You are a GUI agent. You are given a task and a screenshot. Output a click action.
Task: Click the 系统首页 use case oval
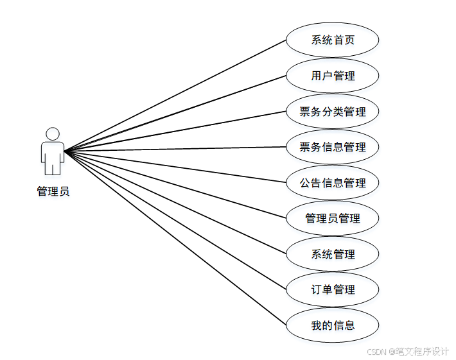[332, 40]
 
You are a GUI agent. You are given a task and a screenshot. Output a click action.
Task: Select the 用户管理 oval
[332, 76]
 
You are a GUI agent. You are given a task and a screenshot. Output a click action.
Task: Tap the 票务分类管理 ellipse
[332, 112]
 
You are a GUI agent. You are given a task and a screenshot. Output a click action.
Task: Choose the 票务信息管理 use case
[332, 147]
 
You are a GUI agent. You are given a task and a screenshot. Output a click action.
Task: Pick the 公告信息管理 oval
[332, 183]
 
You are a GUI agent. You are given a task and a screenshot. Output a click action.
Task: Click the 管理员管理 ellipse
[332, 218]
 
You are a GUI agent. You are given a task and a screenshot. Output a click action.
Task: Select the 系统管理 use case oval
[332, 254]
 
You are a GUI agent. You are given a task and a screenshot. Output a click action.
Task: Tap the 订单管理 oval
[332, 289]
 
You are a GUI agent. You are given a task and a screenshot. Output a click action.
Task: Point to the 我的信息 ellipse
[332, 325]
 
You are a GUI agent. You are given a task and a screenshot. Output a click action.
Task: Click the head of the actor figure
[53, 133]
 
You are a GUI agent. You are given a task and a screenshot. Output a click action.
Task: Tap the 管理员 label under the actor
[53, 191]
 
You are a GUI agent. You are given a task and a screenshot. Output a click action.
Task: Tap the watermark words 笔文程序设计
[421, 352]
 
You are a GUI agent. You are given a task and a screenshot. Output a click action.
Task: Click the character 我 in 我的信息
[316, 325]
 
